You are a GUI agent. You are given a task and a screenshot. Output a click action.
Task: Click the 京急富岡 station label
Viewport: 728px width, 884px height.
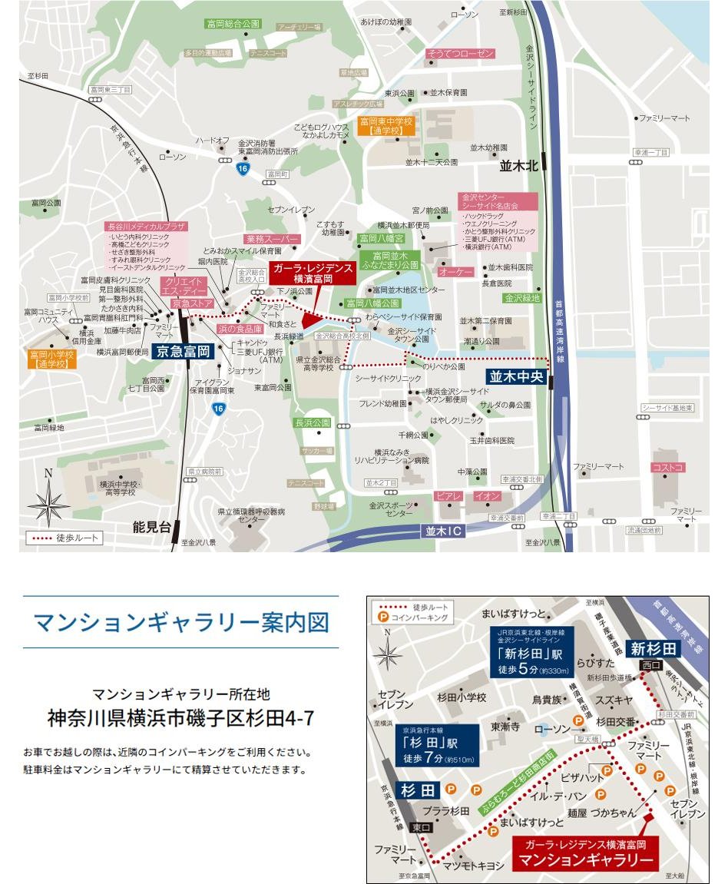click(182, 352)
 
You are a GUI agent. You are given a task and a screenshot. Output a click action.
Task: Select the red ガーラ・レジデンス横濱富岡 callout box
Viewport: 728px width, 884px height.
click(313, 273)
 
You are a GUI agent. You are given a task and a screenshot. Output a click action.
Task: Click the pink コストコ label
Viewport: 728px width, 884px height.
click(668, 467)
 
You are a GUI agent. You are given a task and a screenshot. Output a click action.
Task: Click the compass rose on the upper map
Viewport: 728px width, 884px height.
click(48, 501)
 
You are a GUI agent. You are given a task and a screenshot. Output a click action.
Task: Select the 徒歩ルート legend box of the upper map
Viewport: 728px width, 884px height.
click(65, 538)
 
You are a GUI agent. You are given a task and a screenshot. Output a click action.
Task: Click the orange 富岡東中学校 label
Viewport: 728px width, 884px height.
click(387, 126)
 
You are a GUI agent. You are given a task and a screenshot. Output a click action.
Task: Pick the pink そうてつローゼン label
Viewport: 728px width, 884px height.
click(459, 55)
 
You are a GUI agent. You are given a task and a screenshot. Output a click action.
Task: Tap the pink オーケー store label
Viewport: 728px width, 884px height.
click(455, 271)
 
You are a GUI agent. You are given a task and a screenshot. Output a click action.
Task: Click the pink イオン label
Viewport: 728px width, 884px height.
click(487, 496)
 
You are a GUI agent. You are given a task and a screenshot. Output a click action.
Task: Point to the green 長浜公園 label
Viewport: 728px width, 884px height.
click(312, 422)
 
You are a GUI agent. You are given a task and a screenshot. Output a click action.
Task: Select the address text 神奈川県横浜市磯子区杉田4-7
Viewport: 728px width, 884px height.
click(180, 720)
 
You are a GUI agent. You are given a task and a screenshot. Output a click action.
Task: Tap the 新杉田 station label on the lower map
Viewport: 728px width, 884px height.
click(654, 649)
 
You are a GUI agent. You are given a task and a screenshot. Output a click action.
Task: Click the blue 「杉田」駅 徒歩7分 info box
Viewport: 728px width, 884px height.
click(438, 746)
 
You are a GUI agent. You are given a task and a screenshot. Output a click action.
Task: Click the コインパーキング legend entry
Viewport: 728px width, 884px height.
click(418, 617)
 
